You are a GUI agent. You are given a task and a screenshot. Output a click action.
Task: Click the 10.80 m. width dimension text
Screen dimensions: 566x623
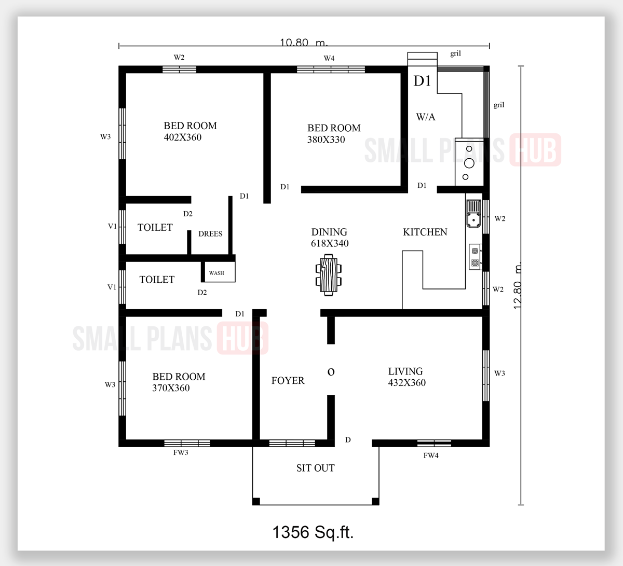tap(304, 43)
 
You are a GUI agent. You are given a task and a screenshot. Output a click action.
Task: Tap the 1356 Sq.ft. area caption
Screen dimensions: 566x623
tap(313, 532)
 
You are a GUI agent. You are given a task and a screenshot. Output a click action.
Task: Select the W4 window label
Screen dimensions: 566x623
tap(329, 58)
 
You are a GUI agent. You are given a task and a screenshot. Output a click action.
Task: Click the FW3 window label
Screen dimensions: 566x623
tap(181, 452)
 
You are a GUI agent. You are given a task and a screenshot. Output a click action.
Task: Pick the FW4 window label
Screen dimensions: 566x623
tap(431, 455)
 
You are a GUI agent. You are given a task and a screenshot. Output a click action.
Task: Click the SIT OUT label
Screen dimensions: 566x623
tap(315, 468)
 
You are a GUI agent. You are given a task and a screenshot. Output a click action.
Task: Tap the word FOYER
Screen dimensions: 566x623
tap(288, 381)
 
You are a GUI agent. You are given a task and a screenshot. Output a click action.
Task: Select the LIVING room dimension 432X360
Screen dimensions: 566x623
tap(407, 383)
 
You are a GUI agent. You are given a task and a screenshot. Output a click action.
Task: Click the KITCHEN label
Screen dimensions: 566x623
tap(425, 232)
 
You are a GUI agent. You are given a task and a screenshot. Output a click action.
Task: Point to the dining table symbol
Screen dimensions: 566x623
tap(329, 275)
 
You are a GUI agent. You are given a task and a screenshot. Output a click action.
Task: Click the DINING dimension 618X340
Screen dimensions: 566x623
tap(330, 243)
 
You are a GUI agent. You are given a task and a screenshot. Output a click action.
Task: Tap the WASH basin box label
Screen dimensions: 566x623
tap(216, 273)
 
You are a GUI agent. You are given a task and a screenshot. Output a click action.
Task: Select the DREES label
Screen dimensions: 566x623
tap(210, 234)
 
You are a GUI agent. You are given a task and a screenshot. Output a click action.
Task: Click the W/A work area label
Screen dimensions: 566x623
tap(426, 117)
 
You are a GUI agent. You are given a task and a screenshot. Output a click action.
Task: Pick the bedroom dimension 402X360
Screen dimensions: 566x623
tap(183, 137)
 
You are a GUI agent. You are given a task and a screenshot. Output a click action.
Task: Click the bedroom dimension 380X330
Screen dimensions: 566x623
tap(326, 140)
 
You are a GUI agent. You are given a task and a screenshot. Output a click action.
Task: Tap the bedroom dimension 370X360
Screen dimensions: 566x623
tap(171, 388)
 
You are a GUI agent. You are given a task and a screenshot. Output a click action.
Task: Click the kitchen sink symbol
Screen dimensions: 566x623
tap(473, 214)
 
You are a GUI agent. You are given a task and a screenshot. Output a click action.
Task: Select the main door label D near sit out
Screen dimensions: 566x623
tap(348, 440)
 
